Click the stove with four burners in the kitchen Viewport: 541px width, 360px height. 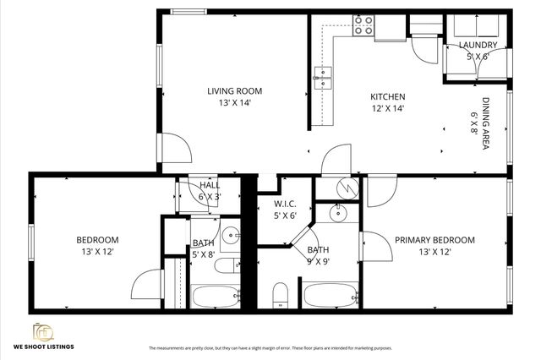point(363,25)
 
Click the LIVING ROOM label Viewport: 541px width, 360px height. point(235,91)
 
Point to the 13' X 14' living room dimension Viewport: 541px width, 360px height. point(235,103)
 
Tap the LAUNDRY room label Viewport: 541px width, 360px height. point(477,45)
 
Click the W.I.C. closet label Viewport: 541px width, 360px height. point(285,204)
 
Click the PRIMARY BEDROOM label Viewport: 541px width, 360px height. point(434,240)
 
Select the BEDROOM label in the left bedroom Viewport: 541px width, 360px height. point(97,240)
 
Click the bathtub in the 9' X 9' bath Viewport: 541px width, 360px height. point(331,297)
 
